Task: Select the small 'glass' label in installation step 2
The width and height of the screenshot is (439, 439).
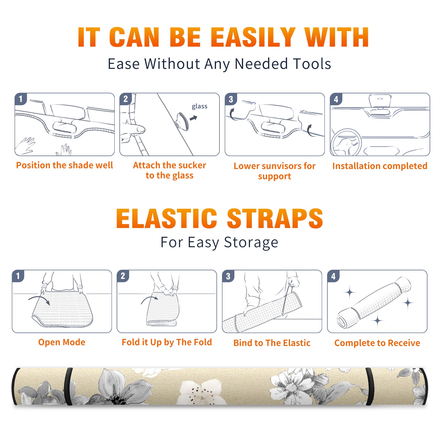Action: pyautogui.click(x=199, y=106)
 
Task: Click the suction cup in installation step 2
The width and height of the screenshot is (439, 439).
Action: pyautogui.click(x=182, y=121)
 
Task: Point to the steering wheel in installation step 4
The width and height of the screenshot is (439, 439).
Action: pyautogui.click(x=346, y=142)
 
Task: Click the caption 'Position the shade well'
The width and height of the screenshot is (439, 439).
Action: pyautogui.click(x=64, y=165)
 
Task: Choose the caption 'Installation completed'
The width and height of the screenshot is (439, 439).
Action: pyautogui.click(x=380, y=166)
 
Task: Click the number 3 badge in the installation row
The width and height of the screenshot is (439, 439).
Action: pyautogui.click(x=231, y=99)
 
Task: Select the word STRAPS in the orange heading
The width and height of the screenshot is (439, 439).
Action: pyautogui.click(x=275, y=218)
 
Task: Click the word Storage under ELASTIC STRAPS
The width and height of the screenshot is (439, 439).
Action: pyautogui.click(x=251, y=243)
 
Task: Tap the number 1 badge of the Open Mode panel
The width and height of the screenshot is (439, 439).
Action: pyautogui.click(x=18, y=276)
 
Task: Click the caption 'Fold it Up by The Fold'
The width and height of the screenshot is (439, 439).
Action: pyautogui.click(x=167, y=342)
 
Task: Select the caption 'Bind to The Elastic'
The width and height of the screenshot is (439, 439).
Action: pyautogui.click(x=272, y=343)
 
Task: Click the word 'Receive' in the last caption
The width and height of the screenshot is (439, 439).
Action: pyautogui.click(x=404, y=343)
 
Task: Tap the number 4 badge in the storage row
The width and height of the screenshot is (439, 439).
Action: pyautogui.click(x=333, y=276)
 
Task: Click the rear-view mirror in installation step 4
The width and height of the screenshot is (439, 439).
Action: pyautogui.click(x=380, y=101)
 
